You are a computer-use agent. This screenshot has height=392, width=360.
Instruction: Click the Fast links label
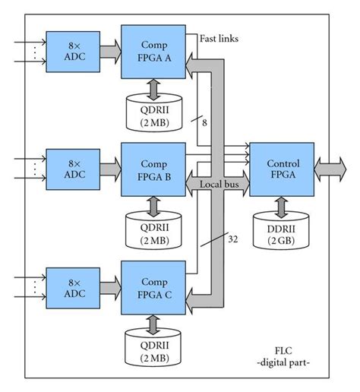(x=220, y=37)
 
